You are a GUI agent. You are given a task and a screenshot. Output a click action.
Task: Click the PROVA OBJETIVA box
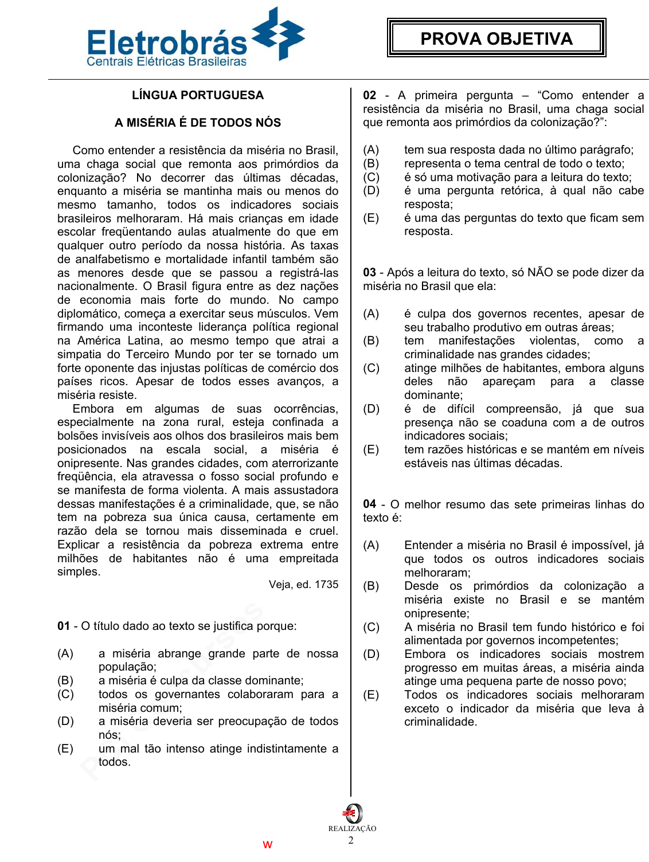coord(496,38)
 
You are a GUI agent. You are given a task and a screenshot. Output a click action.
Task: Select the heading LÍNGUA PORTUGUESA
coord(198,95)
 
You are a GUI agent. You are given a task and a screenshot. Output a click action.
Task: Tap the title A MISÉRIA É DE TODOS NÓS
coord(198,123)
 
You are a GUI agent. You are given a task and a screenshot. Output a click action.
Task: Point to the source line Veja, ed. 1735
coord(303,585)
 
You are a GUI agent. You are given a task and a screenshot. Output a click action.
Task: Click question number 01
coord(64,626)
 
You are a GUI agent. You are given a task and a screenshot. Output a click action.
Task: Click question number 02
coord(370,95)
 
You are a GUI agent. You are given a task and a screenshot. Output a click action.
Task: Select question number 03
coord(370,272)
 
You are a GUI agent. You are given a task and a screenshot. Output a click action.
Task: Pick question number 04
coord(370,504)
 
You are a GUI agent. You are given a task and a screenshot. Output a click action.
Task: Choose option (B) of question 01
coord(65,680)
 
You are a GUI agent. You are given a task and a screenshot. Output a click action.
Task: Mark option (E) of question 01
coord(65,749)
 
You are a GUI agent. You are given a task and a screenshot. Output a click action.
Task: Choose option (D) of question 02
coord(371,190)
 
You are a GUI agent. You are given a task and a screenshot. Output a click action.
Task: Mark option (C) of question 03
coord(371,368)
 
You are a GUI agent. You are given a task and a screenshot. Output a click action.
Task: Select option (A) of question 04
coord(371,545)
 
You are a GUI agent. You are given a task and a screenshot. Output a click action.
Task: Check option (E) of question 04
coord(371,695)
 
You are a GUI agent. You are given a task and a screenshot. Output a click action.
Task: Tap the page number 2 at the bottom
coord(351,840)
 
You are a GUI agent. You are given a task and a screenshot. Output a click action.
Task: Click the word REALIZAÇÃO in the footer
coord(352,828)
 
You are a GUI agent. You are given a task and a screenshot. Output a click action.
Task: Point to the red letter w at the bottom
coord(267,845)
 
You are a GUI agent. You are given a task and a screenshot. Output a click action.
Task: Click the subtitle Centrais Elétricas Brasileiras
coord(166,62)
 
